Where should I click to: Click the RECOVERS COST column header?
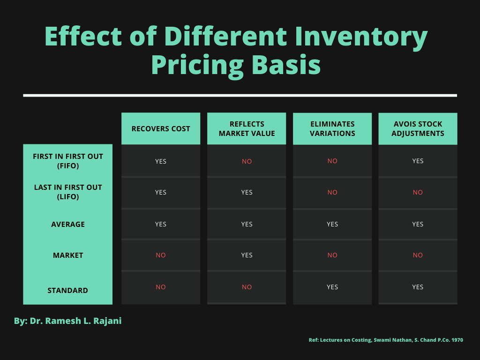click(x=161, y=128)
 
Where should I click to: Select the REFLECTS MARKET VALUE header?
click(x=247, y=128)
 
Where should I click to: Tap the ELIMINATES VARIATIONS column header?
click(x=332, y=128)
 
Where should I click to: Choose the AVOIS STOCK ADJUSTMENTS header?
click(x=418, y=128)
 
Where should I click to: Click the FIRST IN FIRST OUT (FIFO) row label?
click(x=68, y=161)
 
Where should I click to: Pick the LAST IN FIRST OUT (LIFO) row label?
click(x=68, y=192)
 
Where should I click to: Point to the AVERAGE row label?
click(x=68, y=224)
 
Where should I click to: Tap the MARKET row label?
click(x=68, y=255)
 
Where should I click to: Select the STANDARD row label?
click(x=68, y=290)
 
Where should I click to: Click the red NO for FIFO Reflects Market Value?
click(x=247, y=161)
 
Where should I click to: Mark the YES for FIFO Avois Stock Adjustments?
click(x=418, y=161)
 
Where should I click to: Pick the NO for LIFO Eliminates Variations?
click(x=332, y=192)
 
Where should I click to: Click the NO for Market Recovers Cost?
click(x=161, y=255)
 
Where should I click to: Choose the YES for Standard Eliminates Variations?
click(x=332, y=287)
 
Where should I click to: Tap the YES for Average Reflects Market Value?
click(x=247, y=224)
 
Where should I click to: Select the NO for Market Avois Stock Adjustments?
click(x=418, y=255)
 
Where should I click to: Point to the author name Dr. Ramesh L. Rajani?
click(x=75, y=321)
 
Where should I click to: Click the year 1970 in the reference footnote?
click(x=457, y=340)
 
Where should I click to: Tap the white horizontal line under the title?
click(x=240, y=95)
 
